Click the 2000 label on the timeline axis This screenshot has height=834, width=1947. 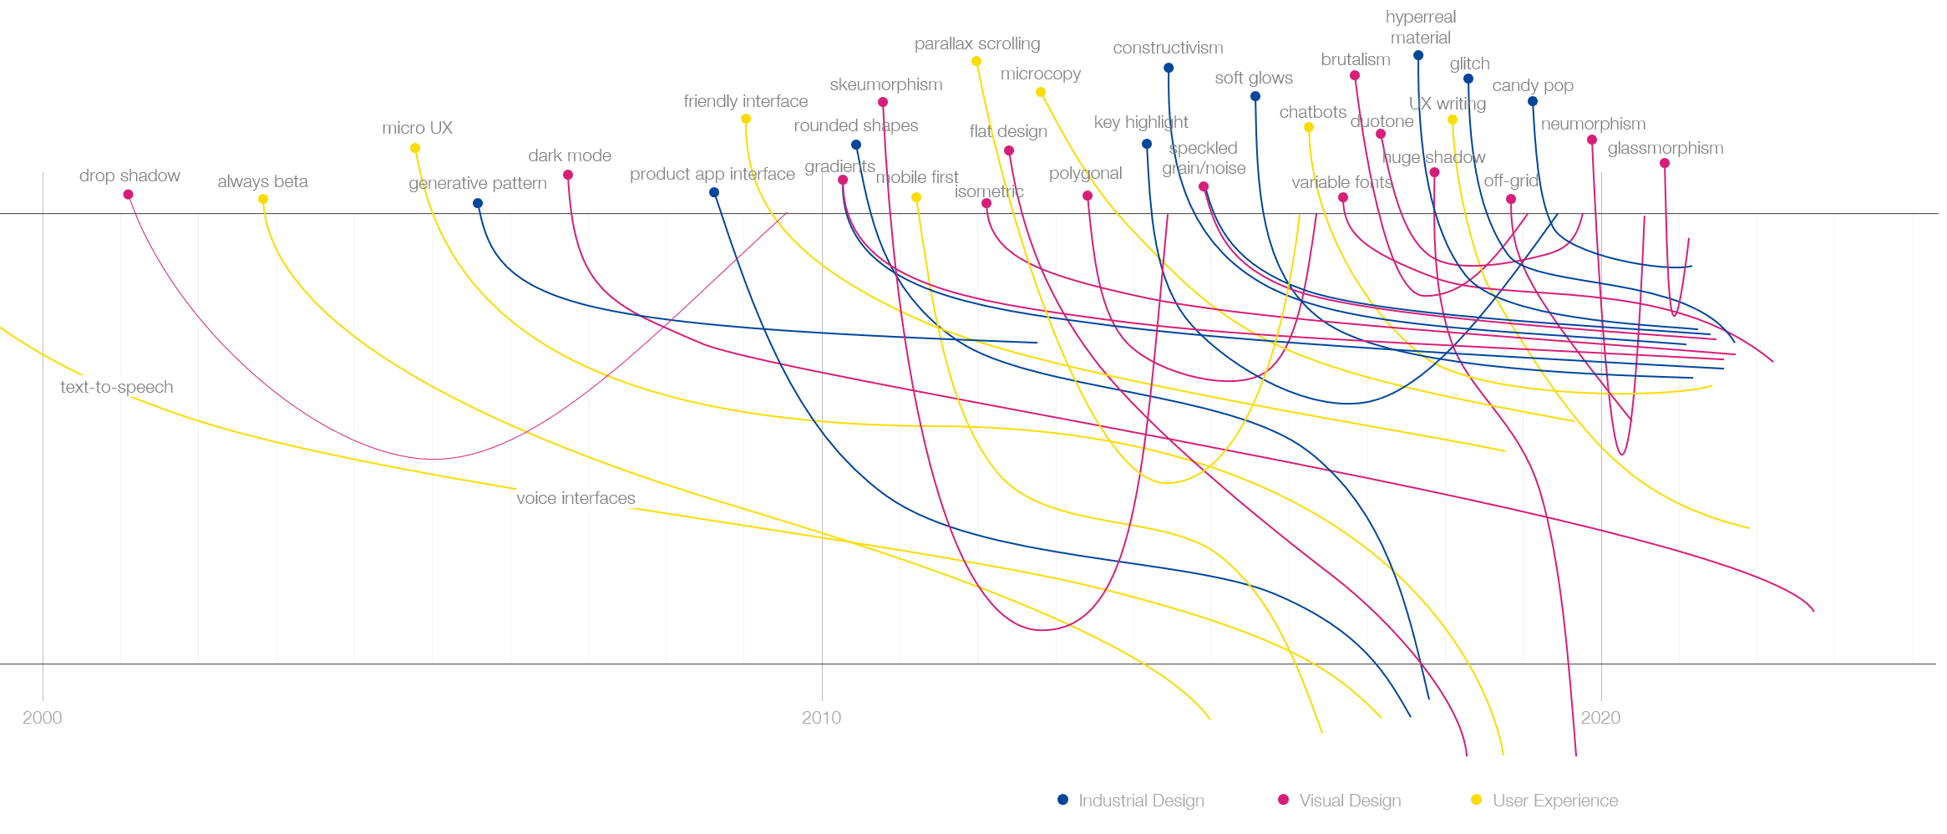coord(43,717)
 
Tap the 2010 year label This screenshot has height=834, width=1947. coord(821,717)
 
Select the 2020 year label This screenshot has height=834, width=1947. coord(1600,717)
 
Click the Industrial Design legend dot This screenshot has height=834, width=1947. coord(1062,800)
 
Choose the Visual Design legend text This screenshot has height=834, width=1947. coord(1350,801)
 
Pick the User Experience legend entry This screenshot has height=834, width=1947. coord(1554,801)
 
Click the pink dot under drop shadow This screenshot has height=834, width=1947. coord(128,195)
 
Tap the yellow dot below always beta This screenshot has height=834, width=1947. coord(263,199)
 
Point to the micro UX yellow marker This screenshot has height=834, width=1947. coord(415,148)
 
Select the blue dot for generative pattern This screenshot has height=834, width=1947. coord(478,203)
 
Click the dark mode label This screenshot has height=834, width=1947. coord(570,155)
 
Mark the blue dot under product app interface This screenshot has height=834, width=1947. coord(714,192)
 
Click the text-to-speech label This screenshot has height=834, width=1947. coord(117,387)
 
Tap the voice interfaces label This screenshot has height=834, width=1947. coord(575,498)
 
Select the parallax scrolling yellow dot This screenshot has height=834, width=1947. coord(976,61)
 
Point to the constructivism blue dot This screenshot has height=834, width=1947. coord(1169,68)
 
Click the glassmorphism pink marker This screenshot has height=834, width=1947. coord(1665,163)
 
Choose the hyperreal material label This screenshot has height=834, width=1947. coord(1420,28)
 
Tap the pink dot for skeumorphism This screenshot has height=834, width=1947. coord(883,102)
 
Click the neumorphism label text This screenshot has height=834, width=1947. coord(1593,124)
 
